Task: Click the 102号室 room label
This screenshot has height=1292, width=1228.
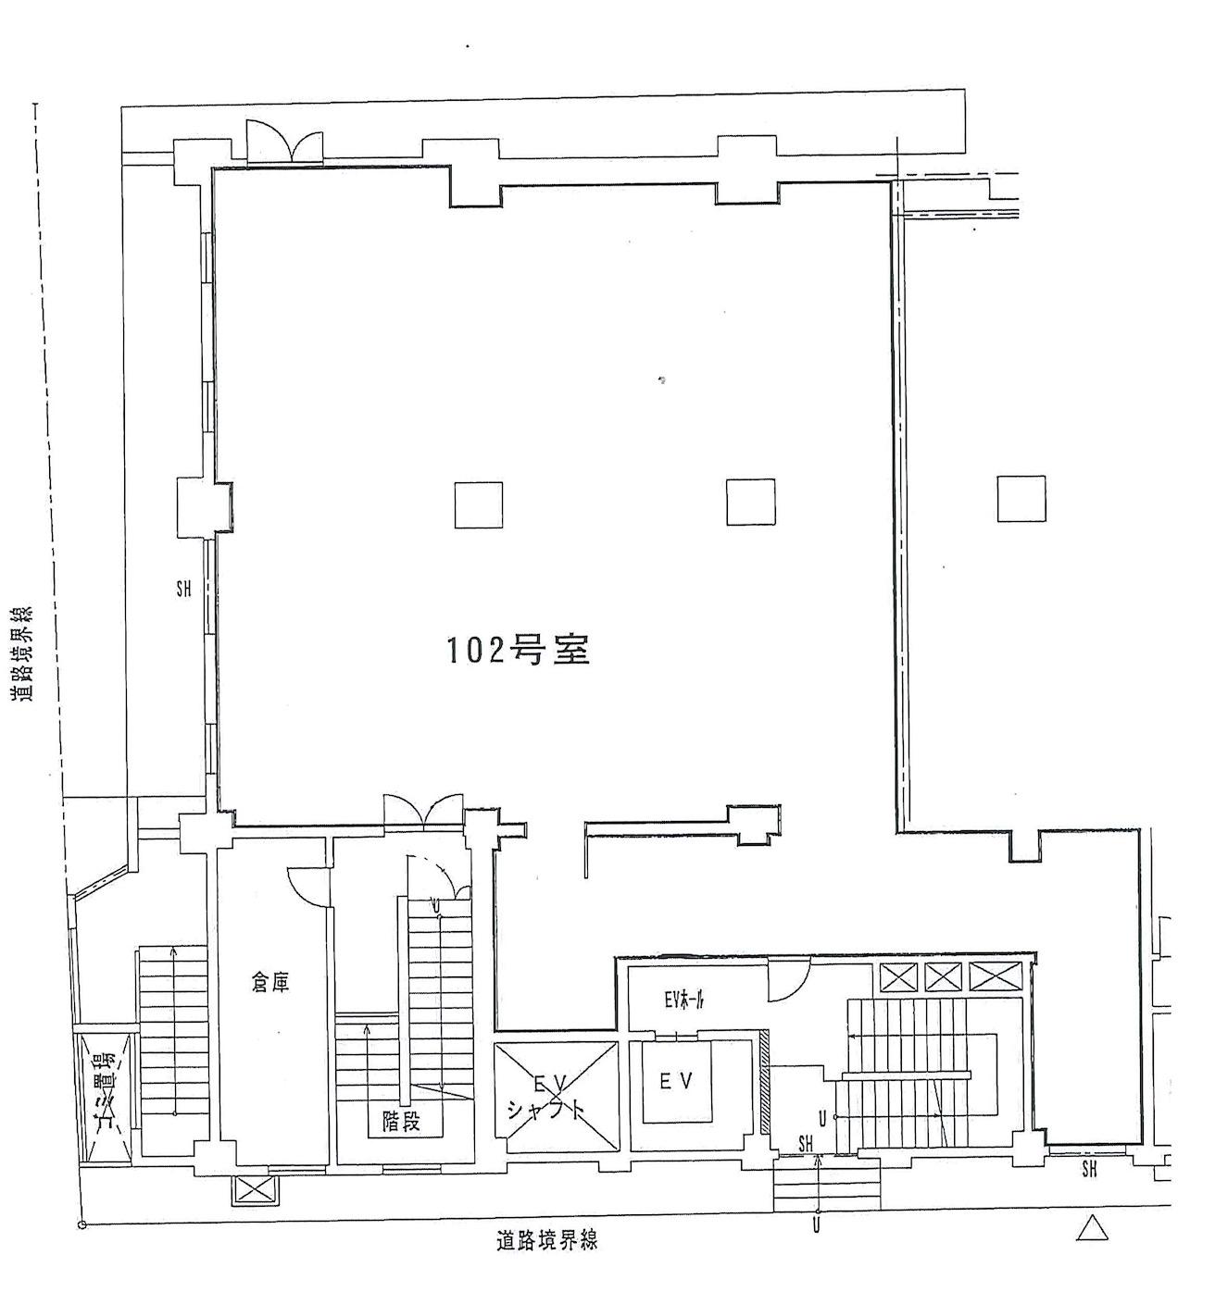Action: pyautogui.click(x=519, y=651)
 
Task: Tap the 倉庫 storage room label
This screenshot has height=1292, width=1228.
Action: pyautogui.click(x=270, y=982)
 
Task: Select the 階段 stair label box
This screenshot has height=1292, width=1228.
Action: pyautogui.click(x=401, y=1121)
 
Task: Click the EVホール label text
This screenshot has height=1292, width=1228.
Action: pyautogui.click(x=684, y=1000)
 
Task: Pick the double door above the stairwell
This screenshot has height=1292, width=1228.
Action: pyautogui.click(x=423, y=810)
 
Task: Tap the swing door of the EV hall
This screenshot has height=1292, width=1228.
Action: pyautogui.click(x=788, y=981)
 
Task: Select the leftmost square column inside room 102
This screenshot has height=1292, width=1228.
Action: pyautogui.click(x=478, y=504)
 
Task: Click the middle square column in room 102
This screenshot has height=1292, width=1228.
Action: pyautogui.click(x=750, y=502)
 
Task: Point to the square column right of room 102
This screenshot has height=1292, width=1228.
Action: pyautogui.click(x=1021, y=499)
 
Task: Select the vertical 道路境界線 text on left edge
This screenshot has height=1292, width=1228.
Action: pyautogui.click(x=20, y=652)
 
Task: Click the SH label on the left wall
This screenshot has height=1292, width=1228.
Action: pyautogui.click(x=183, y=588)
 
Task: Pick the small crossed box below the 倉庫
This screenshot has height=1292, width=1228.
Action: pyautogui.click(x=250, y=1189)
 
